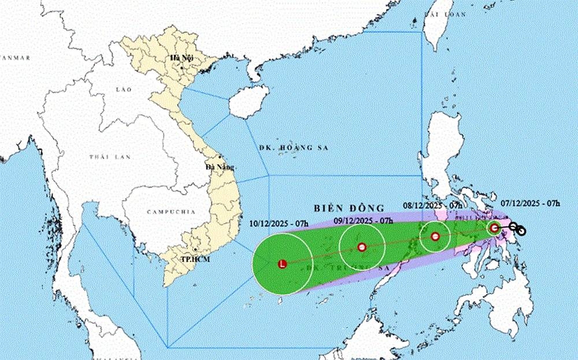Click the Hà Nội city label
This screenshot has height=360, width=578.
pyautogui.click(x=179, y=58)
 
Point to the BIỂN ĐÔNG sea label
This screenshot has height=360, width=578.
pyautogui.click(x=349, y=207)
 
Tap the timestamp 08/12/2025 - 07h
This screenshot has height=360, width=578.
pyautogui.click(x=432, y=205)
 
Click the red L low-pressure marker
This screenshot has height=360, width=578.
pyautogui.click(x=282, y=264)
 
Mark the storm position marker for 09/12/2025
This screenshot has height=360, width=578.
pyautogui.click(x=362, y=247)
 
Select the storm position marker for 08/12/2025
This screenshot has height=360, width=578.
pyautogui.click(x=435, y=236)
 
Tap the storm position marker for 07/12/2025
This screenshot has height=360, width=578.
pyautogui.click(x=494, y=228)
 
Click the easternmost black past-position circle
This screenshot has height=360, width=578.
pyautogui.click(x=521, y=231)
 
